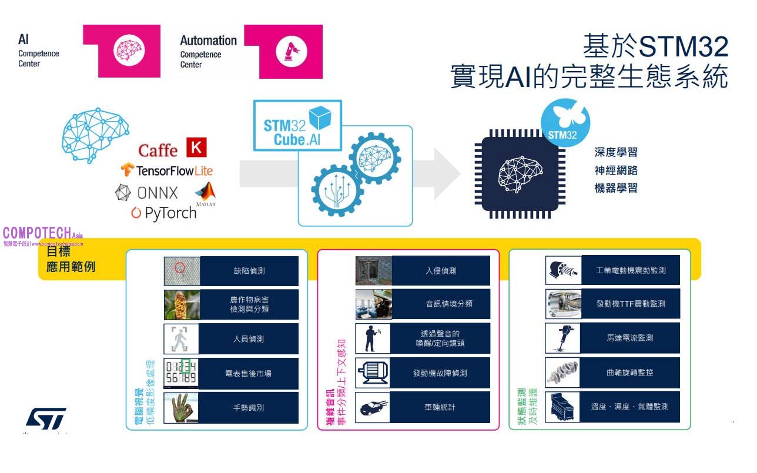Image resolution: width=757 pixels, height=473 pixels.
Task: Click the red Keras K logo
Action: coord(196,147)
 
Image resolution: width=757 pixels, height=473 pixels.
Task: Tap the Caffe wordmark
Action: coord(158,150)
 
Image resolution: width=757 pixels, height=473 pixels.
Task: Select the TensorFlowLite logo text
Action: coord(168,170)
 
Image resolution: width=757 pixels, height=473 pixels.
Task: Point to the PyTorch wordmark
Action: coord(164,213)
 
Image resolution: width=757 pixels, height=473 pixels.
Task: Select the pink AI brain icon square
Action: coord(128,51)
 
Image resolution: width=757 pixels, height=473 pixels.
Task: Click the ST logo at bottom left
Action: coord(46,418)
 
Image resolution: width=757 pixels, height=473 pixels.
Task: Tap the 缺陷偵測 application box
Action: coord(249,271)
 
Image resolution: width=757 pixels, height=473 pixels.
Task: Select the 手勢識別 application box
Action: coord(249,407)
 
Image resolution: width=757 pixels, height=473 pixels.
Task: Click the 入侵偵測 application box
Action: coord(441,271)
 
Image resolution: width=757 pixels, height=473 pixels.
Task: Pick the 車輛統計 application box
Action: coord(440,407)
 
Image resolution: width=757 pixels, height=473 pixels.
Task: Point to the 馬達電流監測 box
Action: coord(629,338)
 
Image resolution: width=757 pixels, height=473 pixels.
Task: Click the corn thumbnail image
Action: coord(182,304)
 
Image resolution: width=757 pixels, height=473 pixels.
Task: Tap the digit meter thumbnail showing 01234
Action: coord(181,373)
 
